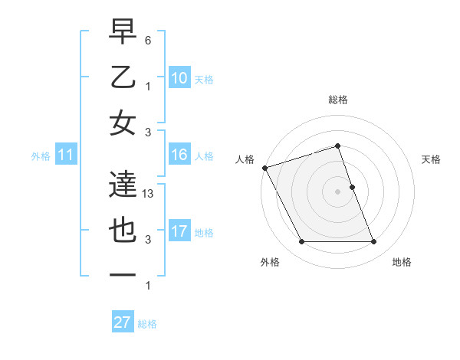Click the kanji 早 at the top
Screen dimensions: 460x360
(124, 33)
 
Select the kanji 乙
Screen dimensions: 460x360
(124, 78)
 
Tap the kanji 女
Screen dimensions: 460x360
(124, 124)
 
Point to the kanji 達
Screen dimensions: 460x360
(124, 185)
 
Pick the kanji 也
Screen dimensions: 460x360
(124, 231)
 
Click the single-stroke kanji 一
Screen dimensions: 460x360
(124, 273)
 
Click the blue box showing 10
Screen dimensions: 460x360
(179, 78)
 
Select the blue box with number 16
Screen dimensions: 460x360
(179, 155)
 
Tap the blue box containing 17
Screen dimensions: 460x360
(179, 231)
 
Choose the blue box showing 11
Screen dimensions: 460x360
(66, 155)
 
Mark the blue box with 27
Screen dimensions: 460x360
(123, 322)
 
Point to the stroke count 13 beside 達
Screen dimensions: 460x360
(149, 194)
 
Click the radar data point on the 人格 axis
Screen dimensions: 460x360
(264, 168)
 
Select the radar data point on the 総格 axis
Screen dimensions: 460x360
(337, 146)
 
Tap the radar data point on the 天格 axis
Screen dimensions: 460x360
(352, 187)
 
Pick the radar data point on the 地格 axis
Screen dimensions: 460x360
(374, 242)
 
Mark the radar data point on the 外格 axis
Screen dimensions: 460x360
(301, 242)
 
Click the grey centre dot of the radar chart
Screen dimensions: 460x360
(337, 191)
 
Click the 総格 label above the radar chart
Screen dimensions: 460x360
(337, 100)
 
